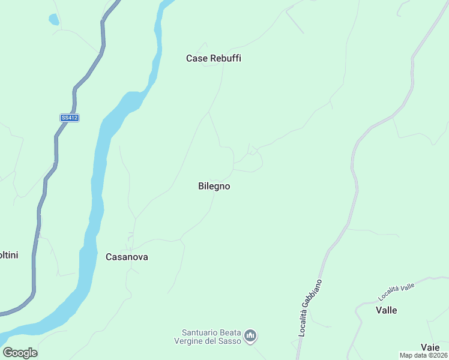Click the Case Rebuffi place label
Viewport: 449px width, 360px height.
pyautogui.click(x=217, y=59)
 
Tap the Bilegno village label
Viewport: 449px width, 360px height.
pyautogui.click(x=214, y=187)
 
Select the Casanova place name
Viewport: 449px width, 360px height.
pyautogui.click(x=127, y=257)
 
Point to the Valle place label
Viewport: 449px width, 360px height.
pyautogui.click(x=387, y=310)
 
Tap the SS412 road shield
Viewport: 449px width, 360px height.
pyautogui.click(x=70, y=118)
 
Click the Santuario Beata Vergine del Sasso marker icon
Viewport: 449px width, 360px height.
pyautogui.click(x=251, y=335)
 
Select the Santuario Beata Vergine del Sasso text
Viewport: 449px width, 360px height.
pyautogui.click(x=211, y=337)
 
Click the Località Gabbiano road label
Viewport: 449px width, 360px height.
pyautogui.click(x=310, y=307)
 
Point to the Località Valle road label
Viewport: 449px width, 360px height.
pyautogui.click(x=397, y=291)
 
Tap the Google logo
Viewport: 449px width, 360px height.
pyautogui.click(x=20, y=353)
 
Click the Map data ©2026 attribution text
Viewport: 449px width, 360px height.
pyautogui.click(x=424, y=355)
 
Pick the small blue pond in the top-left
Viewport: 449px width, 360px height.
pyautogui.click(x=54, y=19)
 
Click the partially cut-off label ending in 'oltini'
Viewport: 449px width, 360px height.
pyautogui.click(x=8, y=255)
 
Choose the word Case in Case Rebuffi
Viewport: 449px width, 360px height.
pyautogui.click(x=196, y=59)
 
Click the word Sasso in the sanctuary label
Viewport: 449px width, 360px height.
pyautogui.click(x=231, y=341)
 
